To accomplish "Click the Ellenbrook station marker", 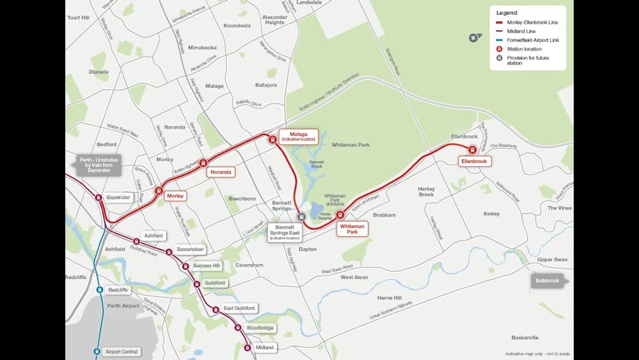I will (x=472, y=150).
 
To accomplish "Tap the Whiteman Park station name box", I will (x=353, y=229).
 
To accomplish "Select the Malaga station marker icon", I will (x=273, y=140).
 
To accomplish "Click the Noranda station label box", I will (x=221, y=172).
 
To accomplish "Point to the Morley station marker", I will (x=159, y=191).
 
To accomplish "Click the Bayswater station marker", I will (x=99, y=198).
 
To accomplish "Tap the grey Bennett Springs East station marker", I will (x=301, y=217).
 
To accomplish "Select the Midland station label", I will (x=264, y=348).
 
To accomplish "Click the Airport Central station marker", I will (x=96, y=352).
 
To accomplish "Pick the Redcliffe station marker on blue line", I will (x=99, y=290).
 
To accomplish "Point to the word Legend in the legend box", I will (x=506, y=12).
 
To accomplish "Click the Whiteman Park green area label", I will (x=350, y=145).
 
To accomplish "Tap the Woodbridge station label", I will (x=261, y=327).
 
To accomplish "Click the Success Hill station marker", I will (x=186, y=266).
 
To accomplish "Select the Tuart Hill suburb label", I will (x=78, y=18).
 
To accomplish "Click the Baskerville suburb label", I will (x=525, y=337).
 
